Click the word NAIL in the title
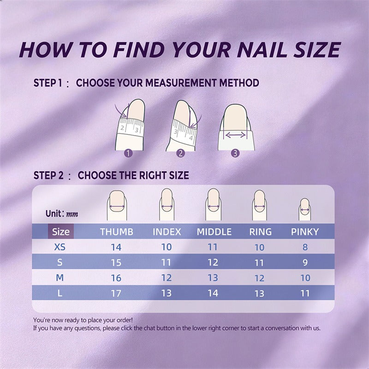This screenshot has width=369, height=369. (x=262, y=50)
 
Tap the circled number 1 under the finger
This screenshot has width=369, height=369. (x=128, y=154)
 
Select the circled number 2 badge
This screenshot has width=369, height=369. (x=181, y=154)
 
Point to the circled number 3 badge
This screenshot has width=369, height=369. (x=235, y=154)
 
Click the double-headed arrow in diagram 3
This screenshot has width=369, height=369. (x=235, y=135)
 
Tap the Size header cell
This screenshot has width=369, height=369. (x=61, y=232)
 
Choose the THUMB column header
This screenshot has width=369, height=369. (x=117, y=232)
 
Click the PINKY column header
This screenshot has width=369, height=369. (x=305, y=232)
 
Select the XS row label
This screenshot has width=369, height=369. (x=60, y=247)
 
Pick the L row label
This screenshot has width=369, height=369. (x=60, y=293)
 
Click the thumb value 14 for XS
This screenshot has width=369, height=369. (x=116, y=247)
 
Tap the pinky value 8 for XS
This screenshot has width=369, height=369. (x=305, y=247)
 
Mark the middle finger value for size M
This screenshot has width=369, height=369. (x=213, y=278)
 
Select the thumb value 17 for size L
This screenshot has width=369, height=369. (x=116, y=293)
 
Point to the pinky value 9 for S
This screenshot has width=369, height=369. (x=305, y=262)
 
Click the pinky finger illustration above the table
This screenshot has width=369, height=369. (x=305, y=209)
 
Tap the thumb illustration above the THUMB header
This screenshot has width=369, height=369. (x=117, y=205)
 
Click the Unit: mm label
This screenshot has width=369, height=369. (x=62, y=214)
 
